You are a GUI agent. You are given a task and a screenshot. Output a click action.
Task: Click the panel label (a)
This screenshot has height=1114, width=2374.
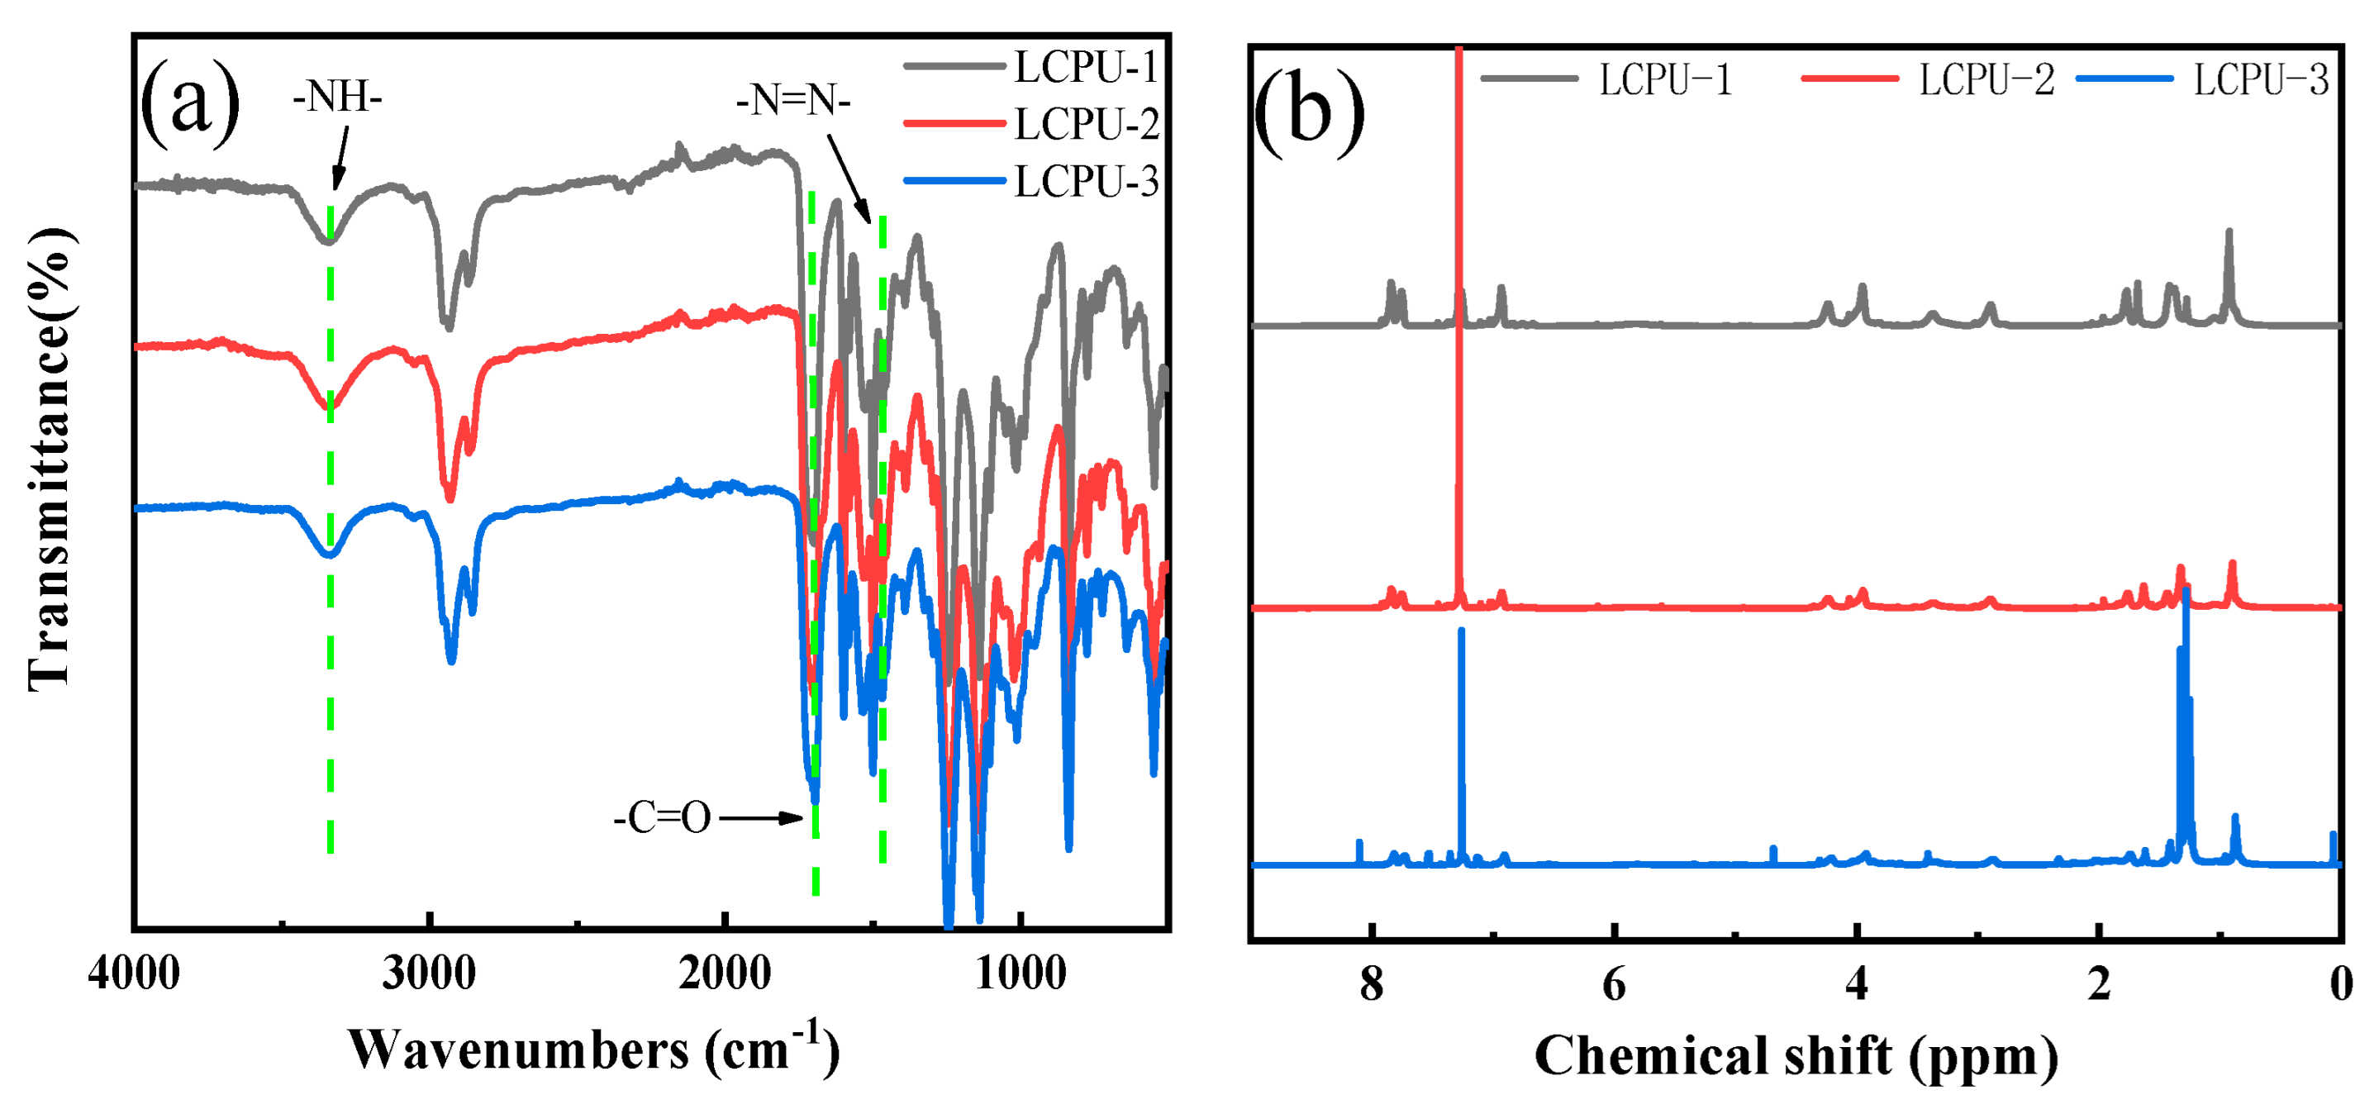pyautogui.click(x=190, y=103)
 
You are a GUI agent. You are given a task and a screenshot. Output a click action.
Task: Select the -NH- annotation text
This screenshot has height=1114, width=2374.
pyautogui.click(x=337, y=97)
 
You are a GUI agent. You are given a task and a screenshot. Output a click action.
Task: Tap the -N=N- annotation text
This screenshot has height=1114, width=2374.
pyautogui.click(x=793, y=99)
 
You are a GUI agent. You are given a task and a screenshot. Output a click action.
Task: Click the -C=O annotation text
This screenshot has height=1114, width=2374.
pyautogui.click(x=663, y=817)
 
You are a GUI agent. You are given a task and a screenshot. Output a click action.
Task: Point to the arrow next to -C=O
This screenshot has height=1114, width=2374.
pyautogui.click(x=761, y=817)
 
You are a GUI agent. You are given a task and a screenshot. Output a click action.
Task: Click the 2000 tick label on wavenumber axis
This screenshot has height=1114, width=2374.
pyautogui.click(x=725, y=974)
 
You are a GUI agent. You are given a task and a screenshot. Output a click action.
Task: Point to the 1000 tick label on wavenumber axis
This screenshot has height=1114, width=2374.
pyautogui.click(x=1020, y=974)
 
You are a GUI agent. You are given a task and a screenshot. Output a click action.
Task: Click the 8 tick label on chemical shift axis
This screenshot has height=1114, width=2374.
pyautogui.click(x=1372, y=984)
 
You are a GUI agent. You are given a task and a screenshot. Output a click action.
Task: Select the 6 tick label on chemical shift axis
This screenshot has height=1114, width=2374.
pyautogui.click(x=1614, y=984)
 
